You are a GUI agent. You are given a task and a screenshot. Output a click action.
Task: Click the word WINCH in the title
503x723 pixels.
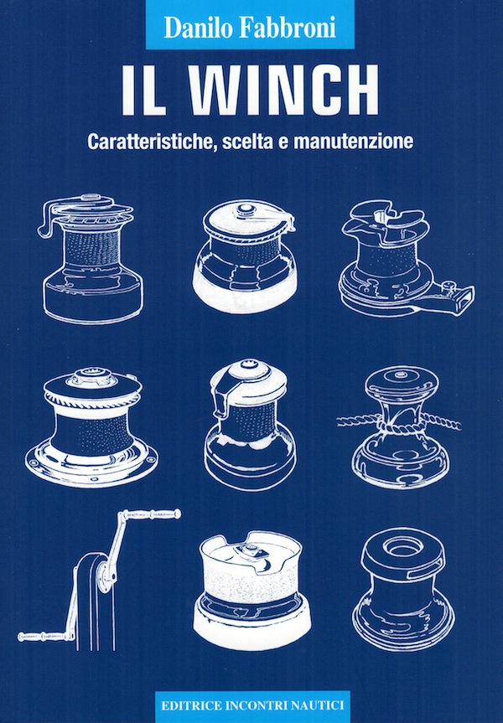[x=286, y=90]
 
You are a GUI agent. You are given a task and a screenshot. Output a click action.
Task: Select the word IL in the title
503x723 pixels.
[x=144, y=90]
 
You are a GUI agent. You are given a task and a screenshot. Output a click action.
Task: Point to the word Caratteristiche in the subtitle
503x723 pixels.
[x=152, y=142]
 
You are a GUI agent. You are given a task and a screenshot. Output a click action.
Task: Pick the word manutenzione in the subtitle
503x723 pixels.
[x=354, y=141]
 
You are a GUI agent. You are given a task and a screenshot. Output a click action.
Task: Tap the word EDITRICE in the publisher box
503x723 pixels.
[x=190, y=705]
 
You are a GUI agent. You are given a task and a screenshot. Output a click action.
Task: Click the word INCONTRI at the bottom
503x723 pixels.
[x=255, y=705]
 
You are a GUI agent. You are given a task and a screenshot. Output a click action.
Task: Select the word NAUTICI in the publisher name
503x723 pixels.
[x=318, y=705]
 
